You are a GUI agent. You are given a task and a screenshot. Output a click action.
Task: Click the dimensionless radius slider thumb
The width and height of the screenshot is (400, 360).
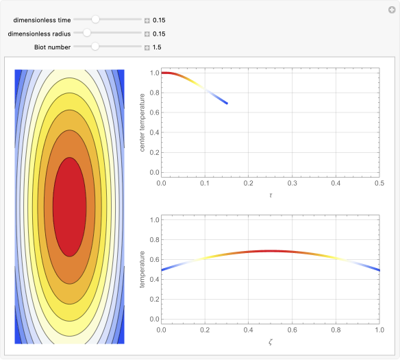click(87, 33)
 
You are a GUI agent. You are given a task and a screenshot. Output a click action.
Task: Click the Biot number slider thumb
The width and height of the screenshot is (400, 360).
click(95, 47)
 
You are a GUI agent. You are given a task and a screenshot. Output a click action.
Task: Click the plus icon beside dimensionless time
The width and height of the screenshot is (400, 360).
click(147, 21)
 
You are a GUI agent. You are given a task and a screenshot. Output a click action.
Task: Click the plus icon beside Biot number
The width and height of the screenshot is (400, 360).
click(147, 47)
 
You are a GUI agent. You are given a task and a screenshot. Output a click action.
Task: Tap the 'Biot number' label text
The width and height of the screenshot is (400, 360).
click(52, 47)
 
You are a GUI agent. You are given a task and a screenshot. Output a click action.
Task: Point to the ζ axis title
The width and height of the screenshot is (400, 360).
click(270, 341)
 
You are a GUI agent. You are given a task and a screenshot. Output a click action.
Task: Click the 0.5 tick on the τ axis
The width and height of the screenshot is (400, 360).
click(379, 183)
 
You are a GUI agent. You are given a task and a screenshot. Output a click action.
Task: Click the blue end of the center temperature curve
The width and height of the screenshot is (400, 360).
click(227, 104)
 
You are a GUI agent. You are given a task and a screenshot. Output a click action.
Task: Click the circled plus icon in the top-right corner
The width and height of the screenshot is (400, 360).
click(391, 10)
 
